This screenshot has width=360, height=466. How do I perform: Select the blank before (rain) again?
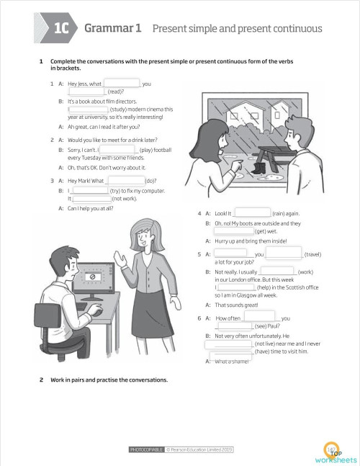(253, 213)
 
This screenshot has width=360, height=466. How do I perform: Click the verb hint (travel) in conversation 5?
(312, 254)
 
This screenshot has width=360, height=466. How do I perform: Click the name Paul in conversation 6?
(272, 326)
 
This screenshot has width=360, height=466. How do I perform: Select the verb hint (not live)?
(269, 344)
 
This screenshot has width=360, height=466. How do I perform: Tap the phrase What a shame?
(233, 362)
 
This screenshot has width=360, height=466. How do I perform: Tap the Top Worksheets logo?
(335, 452)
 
